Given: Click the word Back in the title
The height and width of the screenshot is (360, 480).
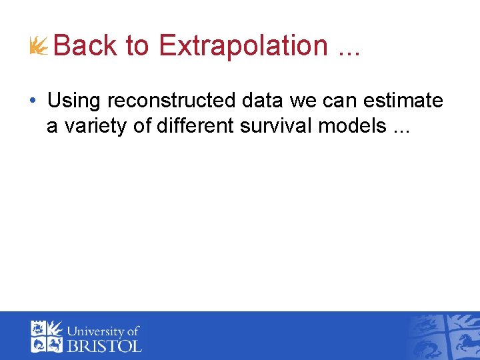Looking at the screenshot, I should (85, 46).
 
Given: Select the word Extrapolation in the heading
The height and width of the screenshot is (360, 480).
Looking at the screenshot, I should (243, 46).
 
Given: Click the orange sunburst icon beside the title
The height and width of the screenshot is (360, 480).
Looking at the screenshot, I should (39, 46).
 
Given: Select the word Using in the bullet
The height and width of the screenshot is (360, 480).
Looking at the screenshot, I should (75, 101).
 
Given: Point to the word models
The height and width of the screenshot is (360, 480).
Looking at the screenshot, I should (353, 125).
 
